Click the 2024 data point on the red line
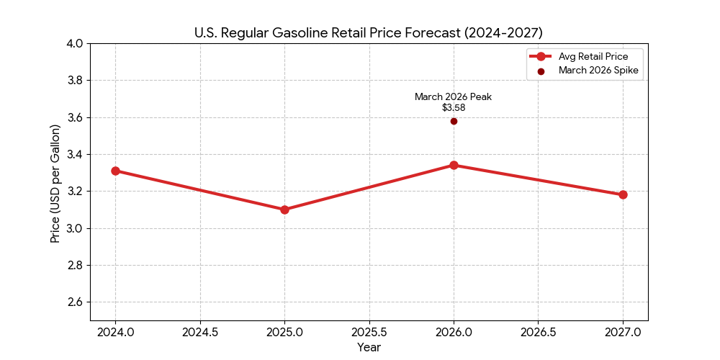(x=115, y=171)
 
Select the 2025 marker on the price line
(x=284, y=210)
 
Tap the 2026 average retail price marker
(x=454, y=165)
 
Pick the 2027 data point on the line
(x=623, y=194)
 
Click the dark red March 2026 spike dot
(x=454, y=121)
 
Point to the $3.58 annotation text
(x=454, y=108)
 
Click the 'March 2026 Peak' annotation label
(x=453, y=96)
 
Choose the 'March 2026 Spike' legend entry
(x=598, y=71)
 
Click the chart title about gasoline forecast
(x=369, y=33)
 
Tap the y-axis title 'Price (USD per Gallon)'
(x=55, y=183)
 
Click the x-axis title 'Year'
(x=369, y=347)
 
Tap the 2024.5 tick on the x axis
(x=199, y=332)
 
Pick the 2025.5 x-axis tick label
(x=369, y=332)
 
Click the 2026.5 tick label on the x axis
(x=538, y=332)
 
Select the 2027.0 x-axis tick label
(x=623, y=332)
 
